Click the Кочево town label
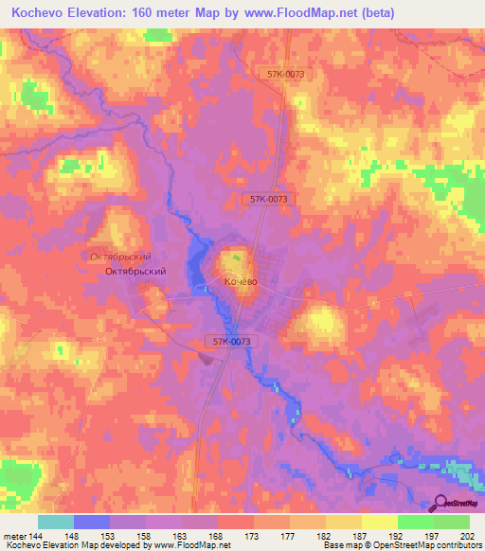coord(240,282)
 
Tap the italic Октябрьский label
coord(120,257)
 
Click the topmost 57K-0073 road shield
coord(287,74)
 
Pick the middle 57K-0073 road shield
coord(269,199)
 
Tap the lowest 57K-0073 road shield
coord(228,341)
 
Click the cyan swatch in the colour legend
coord(56,522)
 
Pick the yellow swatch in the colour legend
coord(379,522)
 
